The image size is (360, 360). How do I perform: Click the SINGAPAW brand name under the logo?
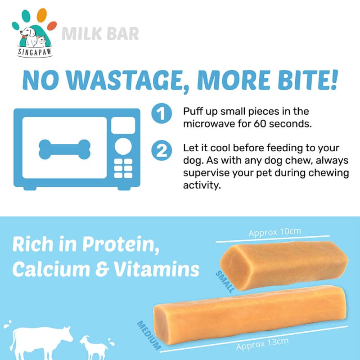(x=35, y=52)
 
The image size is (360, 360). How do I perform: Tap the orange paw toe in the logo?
(x=41, y=15)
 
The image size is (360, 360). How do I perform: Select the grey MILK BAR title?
(x=100, y=34)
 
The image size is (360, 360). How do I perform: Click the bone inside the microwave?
(x=64, y=149)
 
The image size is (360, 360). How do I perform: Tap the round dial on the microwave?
(x=123, y=146)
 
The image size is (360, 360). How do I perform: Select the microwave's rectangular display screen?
(x=123, y=125)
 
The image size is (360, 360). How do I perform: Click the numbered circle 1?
(x=162, y=113)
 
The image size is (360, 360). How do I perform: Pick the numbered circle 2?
(x=162, y=150)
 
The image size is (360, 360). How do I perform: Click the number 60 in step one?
(x=260, y=124)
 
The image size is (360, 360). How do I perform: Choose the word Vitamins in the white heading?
(x=157, y=269)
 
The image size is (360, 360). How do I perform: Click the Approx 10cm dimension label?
(x=274, y=232)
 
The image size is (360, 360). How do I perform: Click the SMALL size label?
(x=225, y=282)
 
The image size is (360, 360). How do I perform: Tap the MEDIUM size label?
(x=149, y=335)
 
